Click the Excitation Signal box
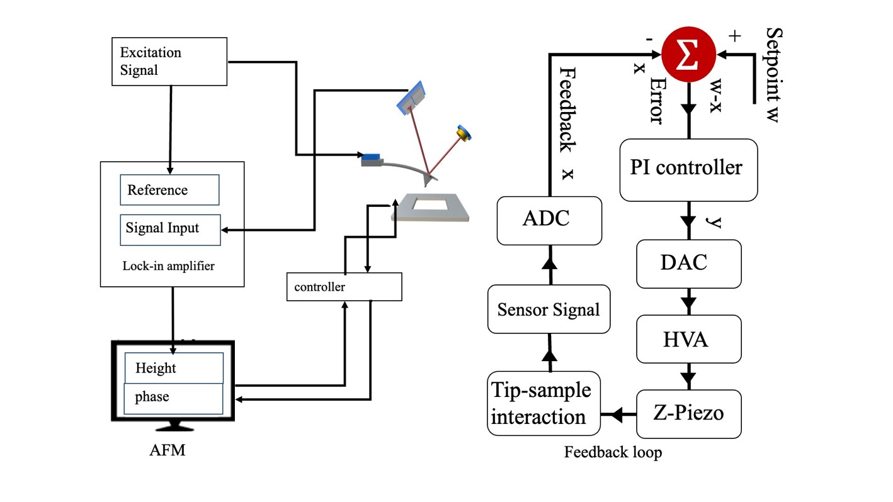(169, 61)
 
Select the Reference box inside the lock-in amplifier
(169, 190)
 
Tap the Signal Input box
(170, 230)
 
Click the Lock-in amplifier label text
(168, 266)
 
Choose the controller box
(344, 287)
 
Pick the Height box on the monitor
(174, 368)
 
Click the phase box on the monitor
(173, 398)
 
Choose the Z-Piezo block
(688, 414)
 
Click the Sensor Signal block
(549, 310)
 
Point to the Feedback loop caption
(613, 452)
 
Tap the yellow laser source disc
(465, 133)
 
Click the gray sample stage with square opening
(431, 208)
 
